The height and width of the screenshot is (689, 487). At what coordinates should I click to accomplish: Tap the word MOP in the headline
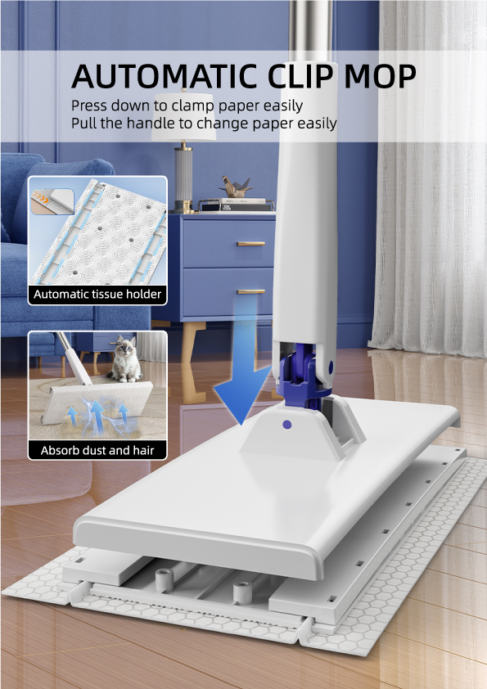[x=380, y=76]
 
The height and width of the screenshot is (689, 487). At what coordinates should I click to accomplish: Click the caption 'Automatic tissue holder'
[x=97, y=294]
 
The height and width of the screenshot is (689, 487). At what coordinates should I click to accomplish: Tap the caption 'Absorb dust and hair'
[x=97, y=450]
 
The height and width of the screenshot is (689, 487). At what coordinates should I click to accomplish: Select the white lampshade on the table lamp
[x=183, y=117]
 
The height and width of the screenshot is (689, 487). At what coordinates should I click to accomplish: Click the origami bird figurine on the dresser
[x=236, y=187]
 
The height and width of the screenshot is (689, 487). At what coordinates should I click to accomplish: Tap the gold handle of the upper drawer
[x=250, y=243]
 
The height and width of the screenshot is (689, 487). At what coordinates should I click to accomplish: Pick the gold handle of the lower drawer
[x=250, y=291]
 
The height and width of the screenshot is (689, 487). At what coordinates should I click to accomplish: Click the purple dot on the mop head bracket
[x=287, y=425]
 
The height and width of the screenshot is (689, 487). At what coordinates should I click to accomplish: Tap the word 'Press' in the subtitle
[x=90, y=106]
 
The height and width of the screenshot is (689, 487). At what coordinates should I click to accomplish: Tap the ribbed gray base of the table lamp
[x=183, y=175]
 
